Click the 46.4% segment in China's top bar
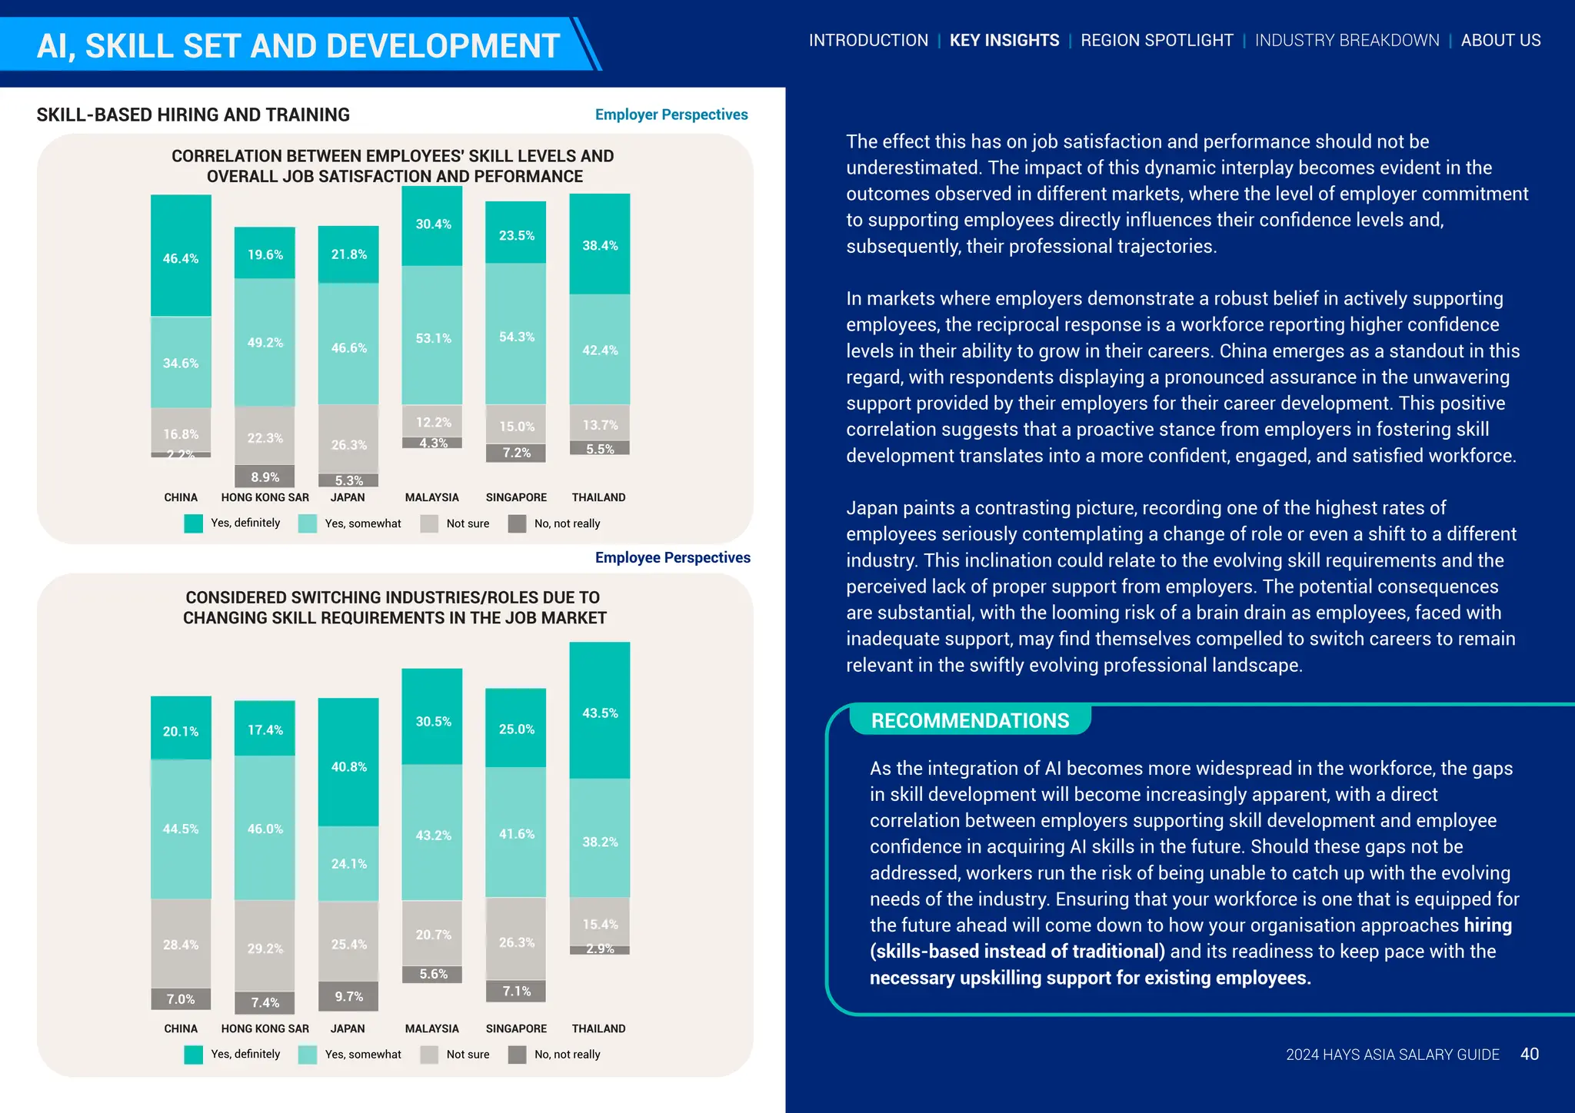click(x=181, y=256)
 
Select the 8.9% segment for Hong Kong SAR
click(x=265, y=477)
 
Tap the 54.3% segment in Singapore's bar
click(x=516, y=335)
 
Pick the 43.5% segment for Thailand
click(x=600, y=711)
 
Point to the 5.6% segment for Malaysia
click(x=432, y=974)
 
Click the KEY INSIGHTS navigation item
click(x=1004, y=41)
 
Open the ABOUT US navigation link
click(x=1500, y=41)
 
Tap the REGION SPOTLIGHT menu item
click(x=1157, y=41)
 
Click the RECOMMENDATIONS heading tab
click(x=970, y=720)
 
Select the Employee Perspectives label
click(x=672, y=557)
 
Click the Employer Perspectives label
click(x=671, y=115)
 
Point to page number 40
click(x=1529, y=1054)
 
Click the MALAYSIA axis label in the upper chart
click(x=432, y=497)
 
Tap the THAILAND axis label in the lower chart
click(x=598, y=1028)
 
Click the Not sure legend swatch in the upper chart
click(x=429, y=523)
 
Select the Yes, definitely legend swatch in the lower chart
click(x=194, y=1055)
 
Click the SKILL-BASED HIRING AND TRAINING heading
click(x=193, y=115)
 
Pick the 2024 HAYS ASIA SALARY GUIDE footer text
click(x=1392, y=1055)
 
